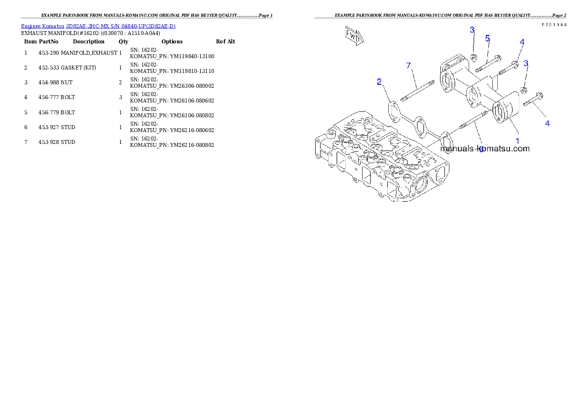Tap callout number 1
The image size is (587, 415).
[x=517, y=141]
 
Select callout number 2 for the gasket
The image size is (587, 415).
[x=379, y=82]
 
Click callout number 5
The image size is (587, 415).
[x=487, y=38]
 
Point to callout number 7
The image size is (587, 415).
[x=408, y=66]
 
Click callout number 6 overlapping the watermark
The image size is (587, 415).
[x=481, y=149]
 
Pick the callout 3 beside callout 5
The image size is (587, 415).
[x=472, y=30]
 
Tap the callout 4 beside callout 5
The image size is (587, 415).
[x=522, y=42]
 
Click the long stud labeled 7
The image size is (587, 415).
[x=417, y=91]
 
